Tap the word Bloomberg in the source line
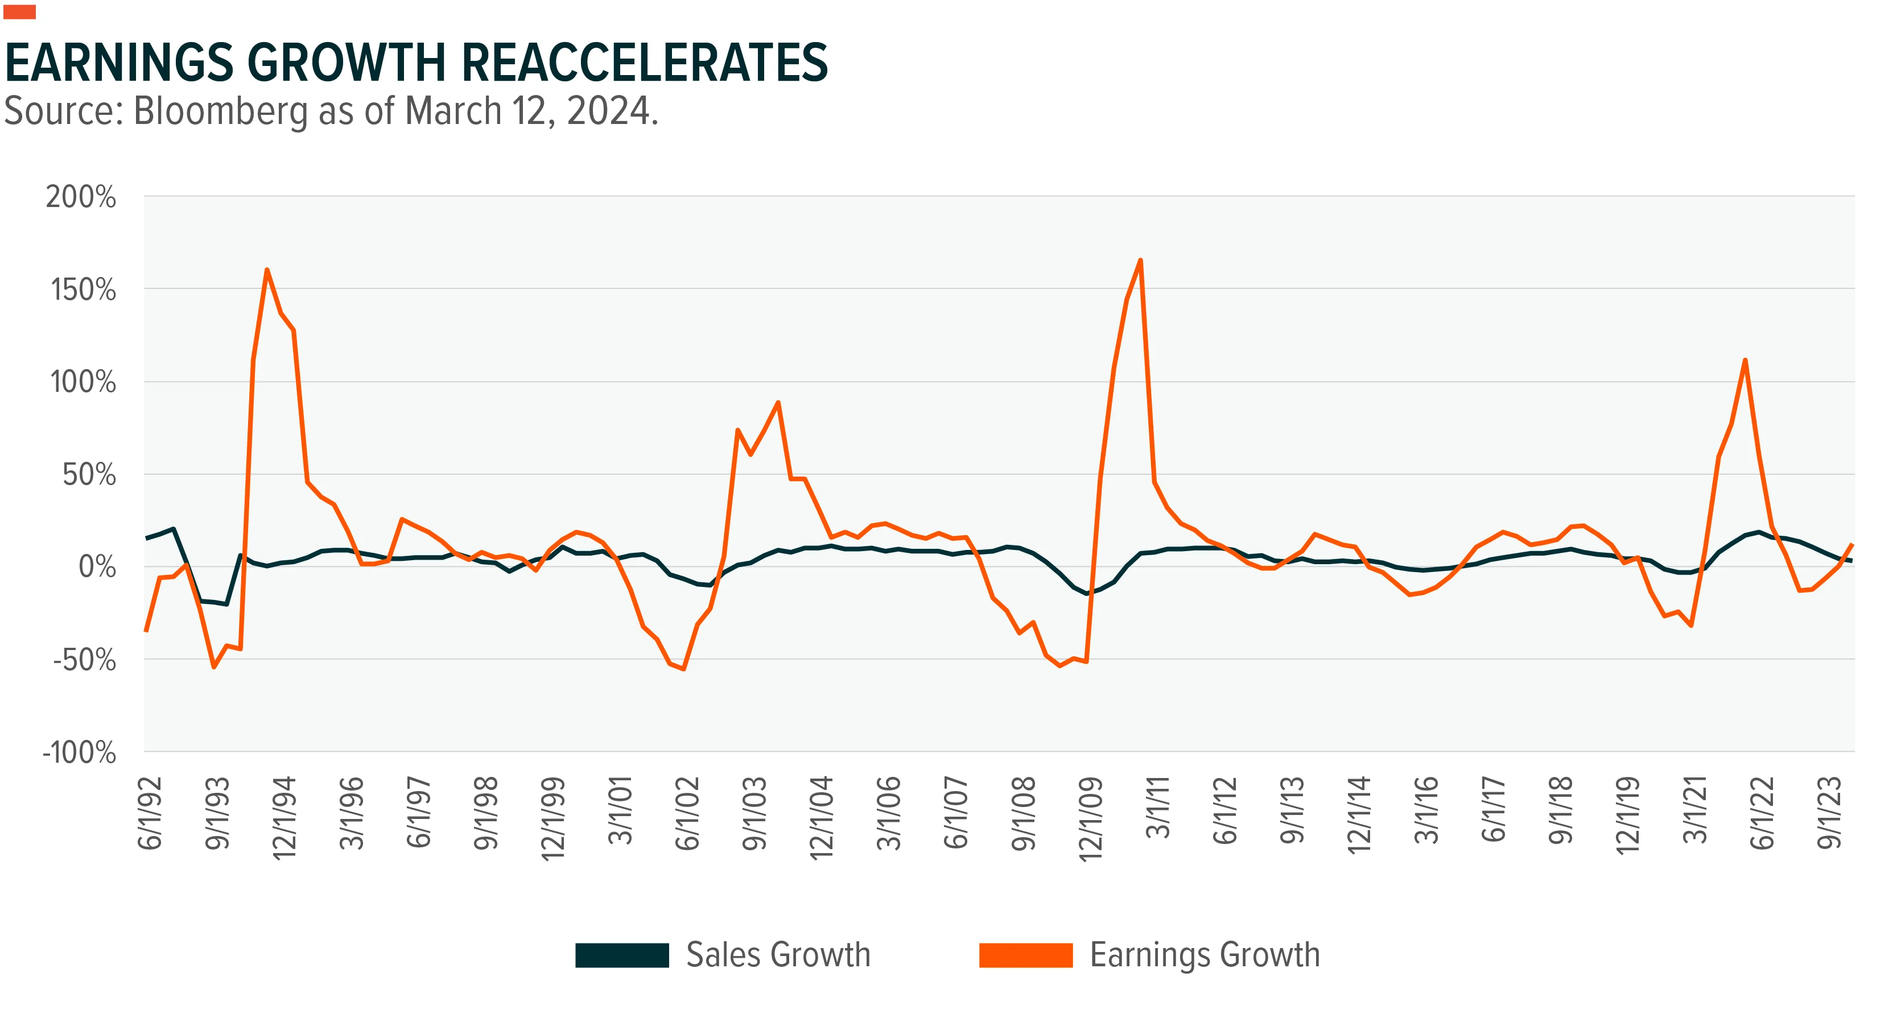tap(220, 112)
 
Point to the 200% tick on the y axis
tap(81, 197)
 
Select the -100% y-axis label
tap(80, 752)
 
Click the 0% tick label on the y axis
tap(97, 567)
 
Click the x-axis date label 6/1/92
tap(150, 812)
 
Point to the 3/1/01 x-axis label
tap(620, 810)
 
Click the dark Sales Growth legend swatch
tap(622, 955)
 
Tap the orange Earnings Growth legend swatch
tap(1026, 955)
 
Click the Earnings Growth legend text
tap(1205, 955)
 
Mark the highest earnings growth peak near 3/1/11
tap(1140, 260)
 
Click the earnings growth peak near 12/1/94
tap(267, 270)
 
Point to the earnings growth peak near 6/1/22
tap(1745, 360)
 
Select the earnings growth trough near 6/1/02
tap(683, 669)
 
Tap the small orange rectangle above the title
tap(20, 12)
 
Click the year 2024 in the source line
tap(609, 112)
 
